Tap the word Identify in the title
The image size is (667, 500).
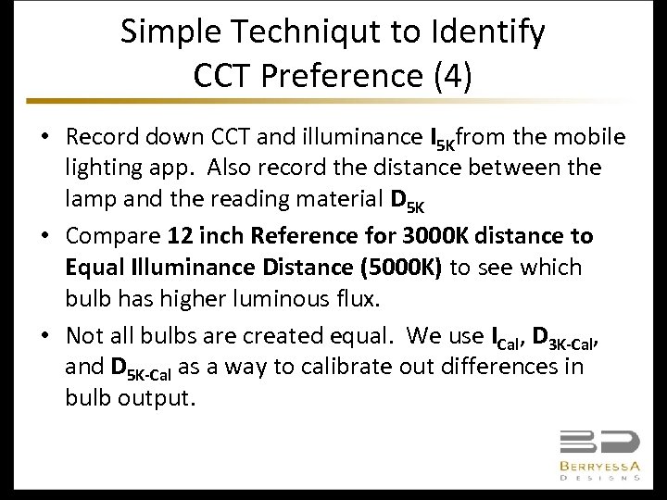pyautogui.click(x=487, y=32)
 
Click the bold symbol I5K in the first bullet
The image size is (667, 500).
pyautogui.click(x=442, y=139)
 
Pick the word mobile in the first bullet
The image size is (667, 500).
pyautogui.click(x=592, y=137)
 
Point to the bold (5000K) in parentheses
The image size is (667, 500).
pyautogui.click(x=401, y=268)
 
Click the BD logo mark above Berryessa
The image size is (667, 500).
pyautogui.click(x=598, y=442)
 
